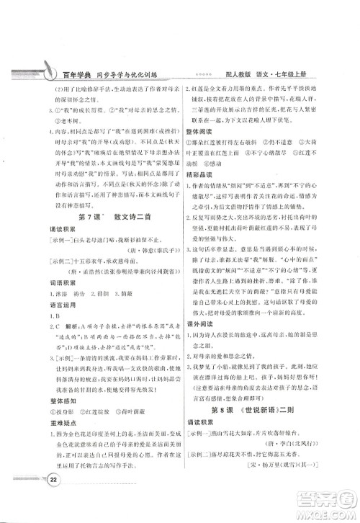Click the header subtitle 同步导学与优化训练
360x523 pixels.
132,75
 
